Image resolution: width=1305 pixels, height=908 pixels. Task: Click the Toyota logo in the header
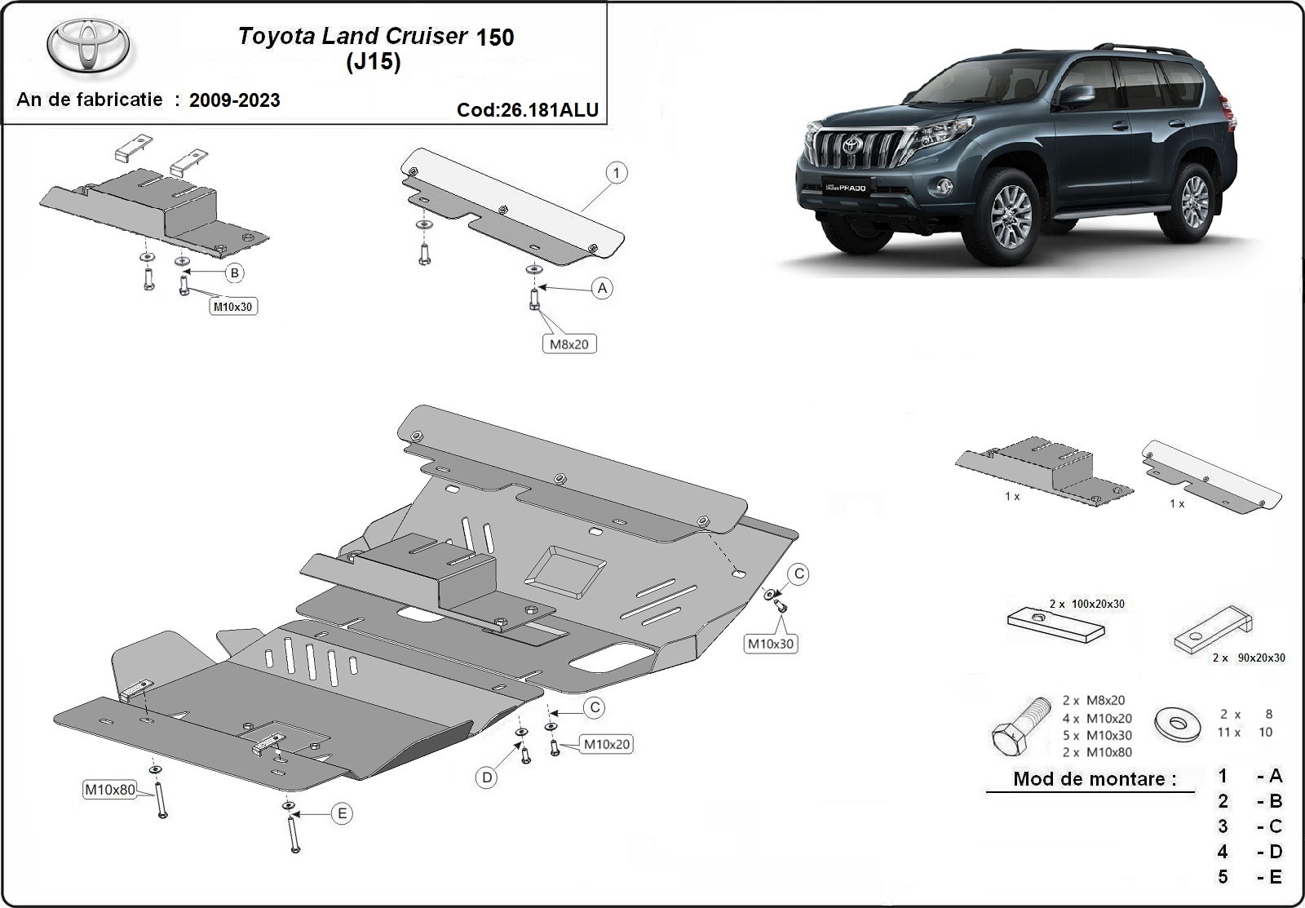[x=87, y=46]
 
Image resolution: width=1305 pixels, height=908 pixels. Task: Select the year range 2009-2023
[x=234, y=100]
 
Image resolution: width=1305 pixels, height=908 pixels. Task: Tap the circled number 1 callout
[x=617, y=173]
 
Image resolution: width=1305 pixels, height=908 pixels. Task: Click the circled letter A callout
[x=602, y=288]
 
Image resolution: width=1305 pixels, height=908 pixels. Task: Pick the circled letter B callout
[x=235, y=272]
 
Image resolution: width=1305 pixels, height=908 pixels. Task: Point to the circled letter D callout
[x=487, y=777]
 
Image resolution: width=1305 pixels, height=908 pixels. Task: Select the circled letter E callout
[x=342, y=813]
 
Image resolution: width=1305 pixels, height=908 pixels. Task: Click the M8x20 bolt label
[x=568, y=344]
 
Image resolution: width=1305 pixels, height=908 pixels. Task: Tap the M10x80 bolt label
[x=110, y=790]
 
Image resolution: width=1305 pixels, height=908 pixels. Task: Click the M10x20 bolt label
[x=606, y=744]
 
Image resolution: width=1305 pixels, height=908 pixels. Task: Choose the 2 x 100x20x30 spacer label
[x=1087, y=604]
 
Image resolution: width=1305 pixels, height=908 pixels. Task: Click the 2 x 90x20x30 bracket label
[x=1249, y=658]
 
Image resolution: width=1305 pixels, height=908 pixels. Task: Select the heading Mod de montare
[x=1090, y=778]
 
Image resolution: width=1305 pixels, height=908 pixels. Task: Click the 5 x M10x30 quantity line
[x=1096, y=735]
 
